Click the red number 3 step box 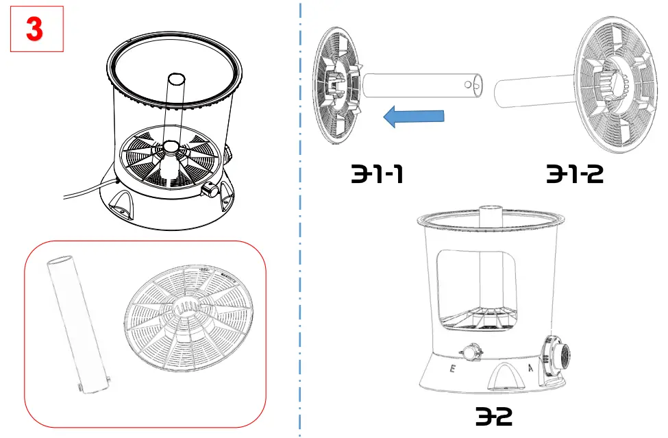(36, 28)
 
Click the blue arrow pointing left (414, 117)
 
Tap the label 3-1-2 (574, 175)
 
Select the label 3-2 (493, 416)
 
